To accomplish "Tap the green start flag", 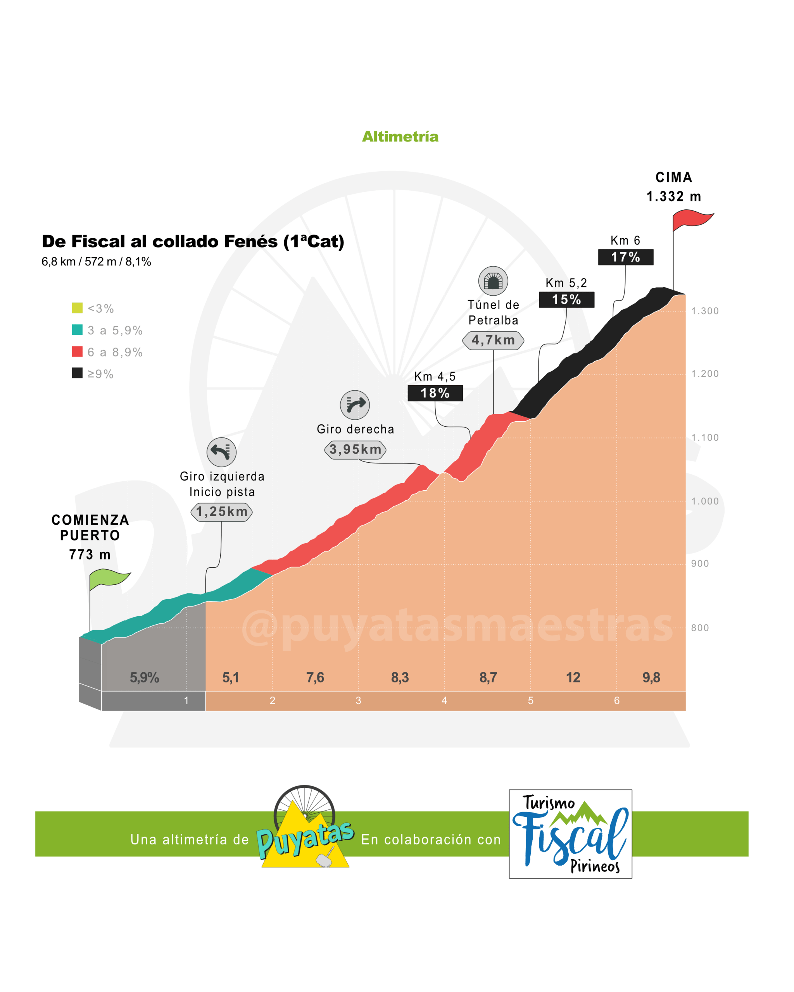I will tap(109, 579).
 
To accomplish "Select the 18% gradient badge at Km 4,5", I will tap(435, 393).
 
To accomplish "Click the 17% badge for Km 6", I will tap(625, 257).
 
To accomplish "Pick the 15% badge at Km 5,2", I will tap(567, 300).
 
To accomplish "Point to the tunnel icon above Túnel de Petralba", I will tap(493, 281).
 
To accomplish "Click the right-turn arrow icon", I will tap(355, 405).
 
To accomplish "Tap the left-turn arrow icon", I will tap(221, 452).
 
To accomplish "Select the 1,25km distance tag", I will tap(221, 511).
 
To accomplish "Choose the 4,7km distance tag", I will tap(493, 340).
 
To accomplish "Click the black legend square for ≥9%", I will tap(77, 373).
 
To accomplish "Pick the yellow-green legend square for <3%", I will tap(77, 307).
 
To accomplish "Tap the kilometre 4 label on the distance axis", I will tap(444, 700).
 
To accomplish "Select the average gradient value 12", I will tap(573, 677).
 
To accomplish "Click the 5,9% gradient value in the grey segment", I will tap(144, 677).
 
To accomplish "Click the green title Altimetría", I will tap(400, 137).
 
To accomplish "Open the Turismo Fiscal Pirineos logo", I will tap(570, 834).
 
